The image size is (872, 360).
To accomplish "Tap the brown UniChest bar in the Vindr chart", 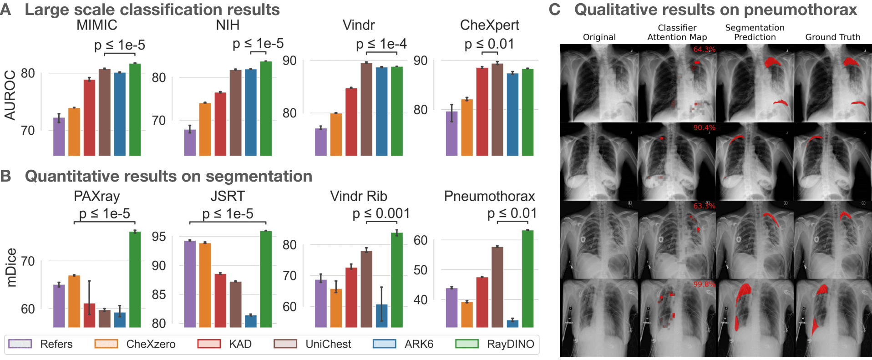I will tap(366, 109).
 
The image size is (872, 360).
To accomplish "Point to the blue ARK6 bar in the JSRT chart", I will tap(251, 321).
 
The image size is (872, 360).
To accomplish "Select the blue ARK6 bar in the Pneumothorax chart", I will tap(512, 324).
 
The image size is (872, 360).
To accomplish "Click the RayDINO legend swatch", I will tap(466, 344).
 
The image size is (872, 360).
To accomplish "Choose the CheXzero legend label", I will tap(151, 344).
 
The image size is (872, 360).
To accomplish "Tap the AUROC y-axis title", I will tap(10, 95).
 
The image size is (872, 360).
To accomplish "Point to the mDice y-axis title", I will tap(11, 268).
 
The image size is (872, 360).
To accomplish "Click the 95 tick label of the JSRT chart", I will tap(158, 237).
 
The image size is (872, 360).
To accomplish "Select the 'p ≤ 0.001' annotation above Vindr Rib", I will tap(381, 213).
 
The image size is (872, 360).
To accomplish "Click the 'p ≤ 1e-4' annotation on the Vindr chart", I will tap(381, 44).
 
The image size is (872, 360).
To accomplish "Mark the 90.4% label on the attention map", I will tap(704, 128).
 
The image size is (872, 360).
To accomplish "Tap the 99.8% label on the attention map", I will tap(704, 284).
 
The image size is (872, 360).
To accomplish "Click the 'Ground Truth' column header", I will tap(832, 37).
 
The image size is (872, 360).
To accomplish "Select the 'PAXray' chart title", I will tap(96, 196).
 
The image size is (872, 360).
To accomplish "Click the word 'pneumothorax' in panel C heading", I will tap(800, 10).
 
